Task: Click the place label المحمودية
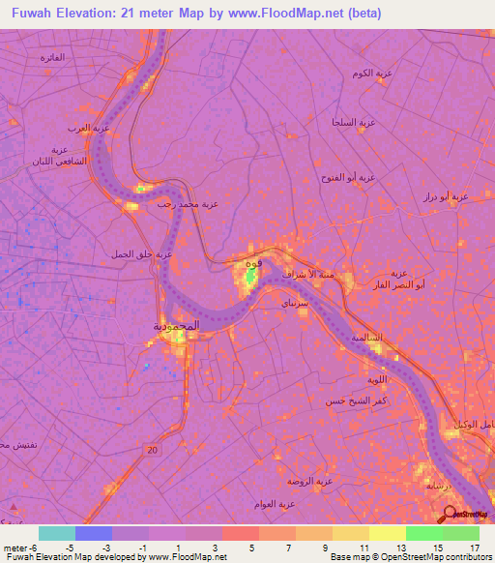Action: pyautogui.click(x=176, y=326)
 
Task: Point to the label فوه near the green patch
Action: pyautogui.click(x=253, y=263)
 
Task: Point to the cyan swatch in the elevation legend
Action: pyautogui.click(x=56, y=533)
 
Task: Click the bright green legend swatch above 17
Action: pyautogui.click(x=461, y=533)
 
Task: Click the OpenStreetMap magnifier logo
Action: pyautogui.click(x=450, y=513)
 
